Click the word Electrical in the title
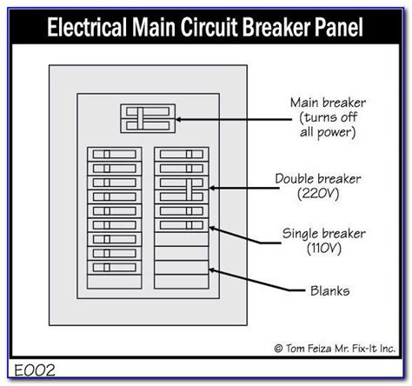(x=87, y=27)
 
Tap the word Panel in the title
(x=339, y=27)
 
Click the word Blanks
(x=330, y=291)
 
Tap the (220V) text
(x=318, y=193)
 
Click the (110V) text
(x=324, y=249)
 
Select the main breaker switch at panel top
(x=148, y=118)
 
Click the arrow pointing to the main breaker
(x=234, y=119)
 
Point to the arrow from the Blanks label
(x=257, y=280)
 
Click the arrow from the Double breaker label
(x=244, y=188)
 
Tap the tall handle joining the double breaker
(x=189, y=190)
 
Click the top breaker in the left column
(x=115, y=154)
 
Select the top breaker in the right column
(x=182, y=154)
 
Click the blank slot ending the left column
(x=115, y=282)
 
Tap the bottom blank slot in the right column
(x=182, y=282)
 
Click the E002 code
(x=35, y=370)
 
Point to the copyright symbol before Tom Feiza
(x=278, y=349)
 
